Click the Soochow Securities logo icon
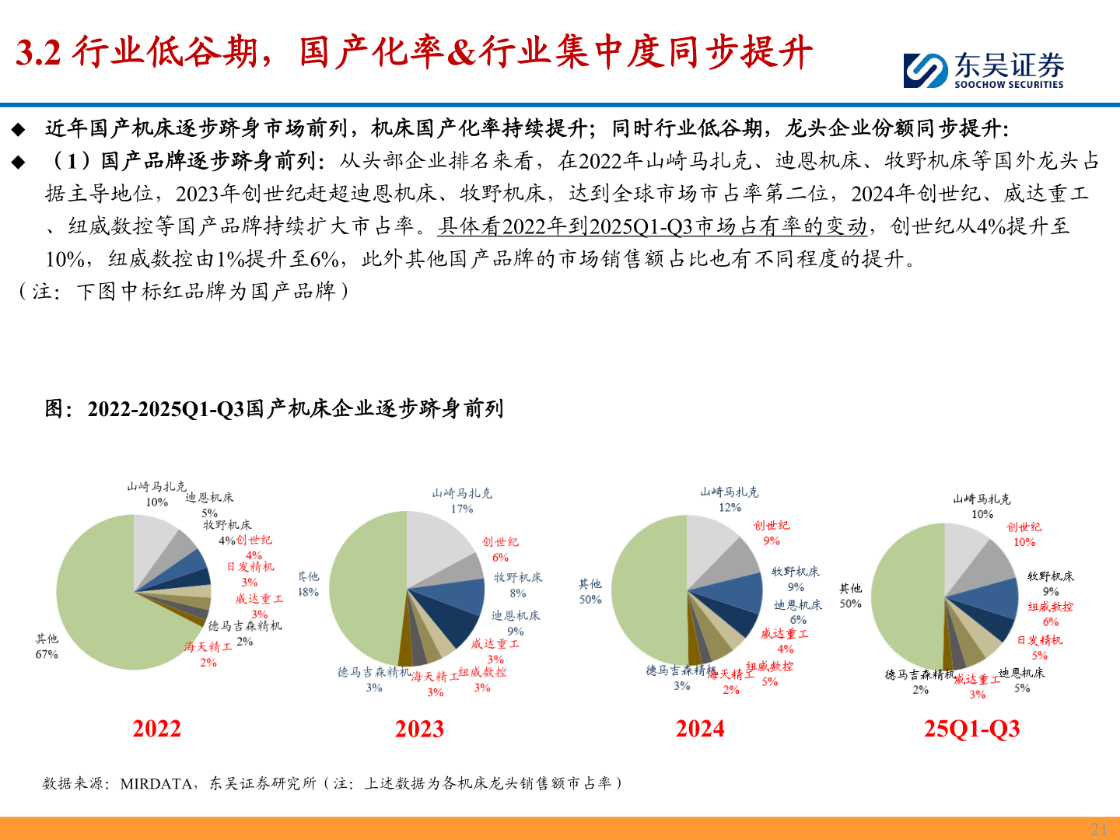(x=926, y=70)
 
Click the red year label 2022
(x=156, y=729)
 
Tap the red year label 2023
(x=419, y=729)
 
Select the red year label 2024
(x=700, y=729)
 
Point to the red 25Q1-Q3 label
(x=971, y=729)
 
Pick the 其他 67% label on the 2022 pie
(x=47, y=646)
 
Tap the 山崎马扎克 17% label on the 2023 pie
(x=462, y=501)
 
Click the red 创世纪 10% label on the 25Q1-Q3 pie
(x=1024, y=534)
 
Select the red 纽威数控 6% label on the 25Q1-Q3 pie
(x=1050, y=614)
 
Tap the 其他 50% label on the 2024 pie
(x=590, y=591)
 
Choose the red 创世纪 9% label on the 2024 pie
(x=771, y=533)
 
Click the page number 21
(x=1098, y=828)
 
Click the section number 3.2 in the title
(x=38, y=53)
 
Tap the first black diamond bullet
(x=18, y=128)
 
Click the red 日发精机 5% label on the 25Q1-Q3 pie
(x=1040, y=647)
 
